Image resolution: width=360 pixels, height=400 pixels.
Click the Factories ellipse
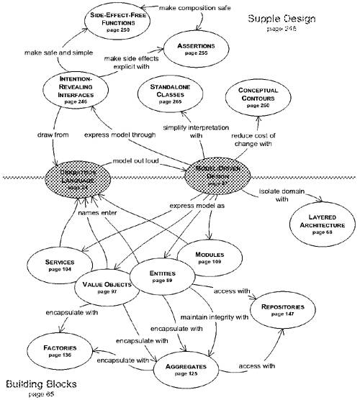60,350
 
